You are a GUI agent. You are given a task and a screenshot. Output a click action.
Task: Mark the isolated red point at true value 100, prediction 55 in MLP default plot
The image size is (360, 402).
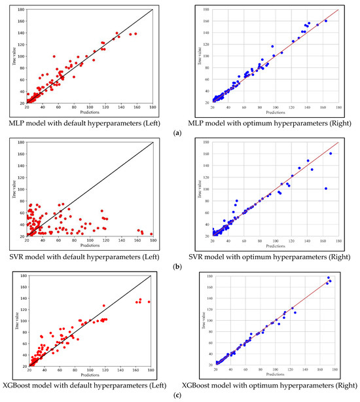tap(54, 56)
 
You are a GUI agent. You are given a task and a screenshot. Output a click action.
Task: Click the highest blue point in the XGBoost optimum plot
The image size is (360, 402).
tap(329, 278)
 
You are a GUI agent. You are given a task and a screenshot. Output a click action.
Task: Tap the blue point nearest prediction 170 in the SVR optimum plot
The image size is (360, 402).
tap(331, 154)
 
